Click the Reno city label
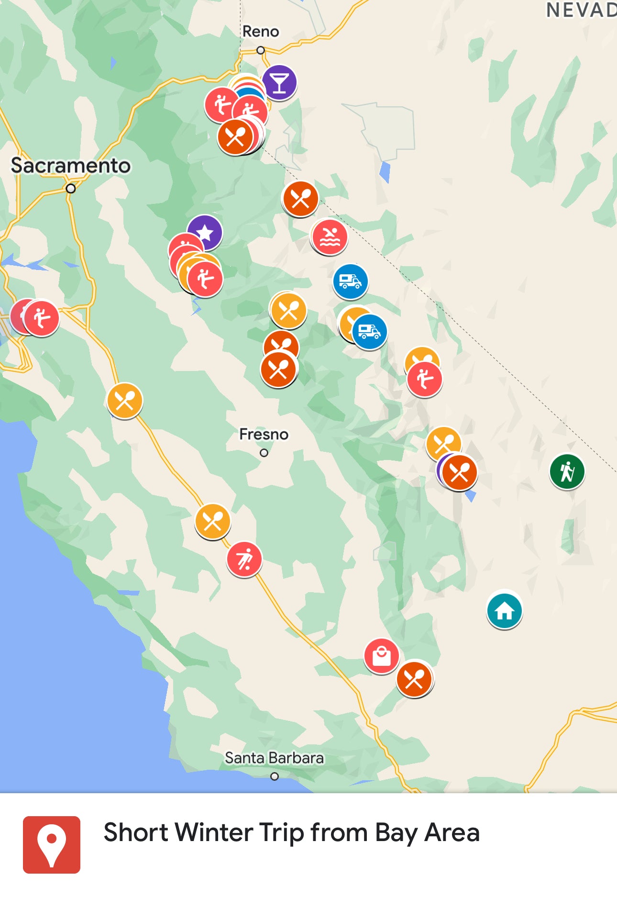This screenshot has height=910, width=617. [260, 32]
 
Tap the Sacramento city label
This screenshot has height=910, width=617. [71, 166]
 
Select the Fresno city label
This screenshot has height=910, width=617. [264, 434]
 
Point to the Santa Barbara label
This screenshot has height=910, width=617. [274, 758]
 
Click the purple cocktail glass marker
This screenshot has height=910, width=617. [279, 82]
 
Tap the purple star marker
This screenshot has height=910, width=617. [205, 233]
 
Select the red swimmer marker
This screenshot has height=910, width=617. [330, 237]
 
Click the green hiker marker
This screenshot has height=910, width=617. [567, 472]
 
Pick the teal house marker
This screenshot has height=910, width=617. [504, 610]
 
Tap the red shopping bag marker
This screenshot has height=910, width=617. [381, 656]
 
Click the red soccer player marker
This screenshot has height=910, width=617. [244, 559]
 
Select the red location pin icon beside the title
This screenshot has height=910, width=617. [52, 844]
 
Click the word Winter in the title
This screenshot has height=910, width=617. [209, 832]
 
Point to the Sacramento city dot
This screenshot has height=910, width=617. [71, 189]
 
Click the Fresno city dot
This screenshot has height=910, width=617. [264, 453]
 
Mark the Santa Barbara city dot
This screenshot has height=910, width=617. [275, 776]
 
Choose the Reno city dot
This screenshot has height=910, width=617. [261, 50]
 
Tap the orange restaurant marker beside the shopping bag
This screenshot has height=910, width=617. [414, 679]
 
